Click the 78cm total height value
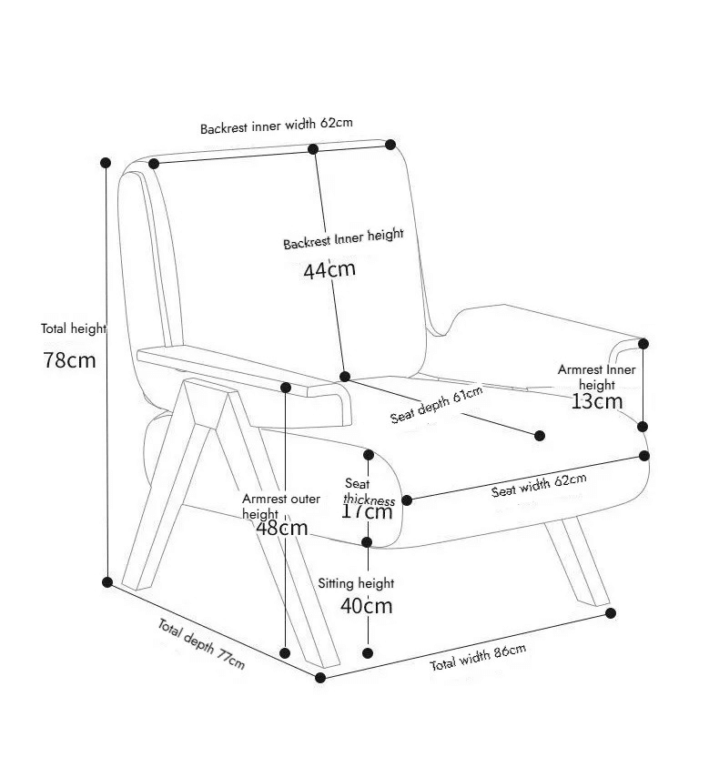pos(69,360)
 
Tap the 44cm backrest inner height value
pos(329,269)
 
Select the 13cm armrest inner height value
pos(597,401)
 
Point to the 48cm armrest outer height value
pos(282,528)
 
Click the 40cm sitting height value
pos(367,606)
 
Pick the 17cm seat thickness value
pos(367,511)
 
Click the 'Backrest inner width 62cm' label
pos(276,126)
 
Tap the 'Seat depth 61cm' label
pos(437,405)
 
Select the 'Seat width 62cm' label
pos(539,485)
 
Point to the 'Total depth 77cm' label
pos(201,644)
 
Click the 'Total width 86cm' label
pos(478,658)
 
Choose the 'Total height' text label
pos(74,328)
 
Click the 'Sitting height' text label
pos(356,583)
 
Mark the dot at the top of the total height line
pos(106,163)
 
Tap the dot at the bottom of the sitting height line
pos(368,653)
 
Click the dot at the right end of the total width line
pos(611,613)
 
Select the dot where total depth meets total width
pos(320,678)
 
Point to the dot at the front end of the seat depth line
pos(540,436)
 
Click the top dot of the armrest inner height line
pos(643,344)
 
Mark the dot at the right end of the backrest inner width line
pos(390,145)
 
